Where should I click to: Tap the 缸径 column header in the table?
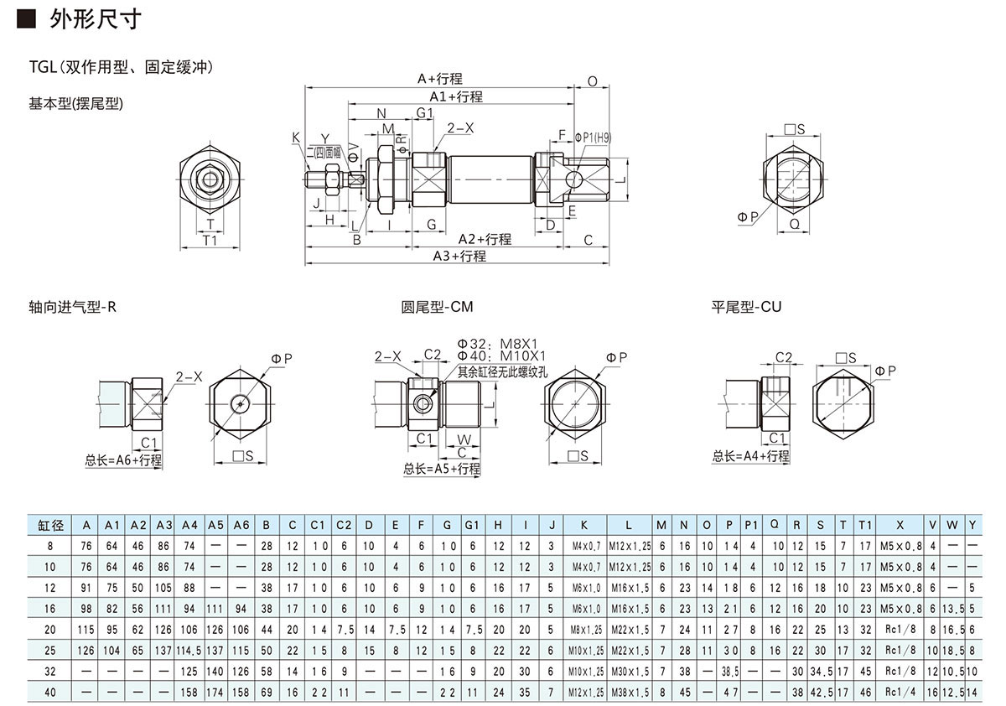pos(50,525)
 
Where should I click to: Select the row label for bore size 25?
pos(50,651)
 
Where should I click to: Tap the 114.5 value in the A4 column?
pos(189,651)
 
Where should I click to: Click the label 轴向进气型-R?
pos(72,307)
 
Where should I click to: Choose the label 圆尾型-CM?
pos(437,307)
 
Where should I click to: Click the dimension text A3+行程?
pos(459,257)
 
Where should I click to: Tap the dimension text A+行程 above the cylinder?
pos(440,79)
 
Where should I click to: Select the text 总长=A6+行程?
pos(123,460)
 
